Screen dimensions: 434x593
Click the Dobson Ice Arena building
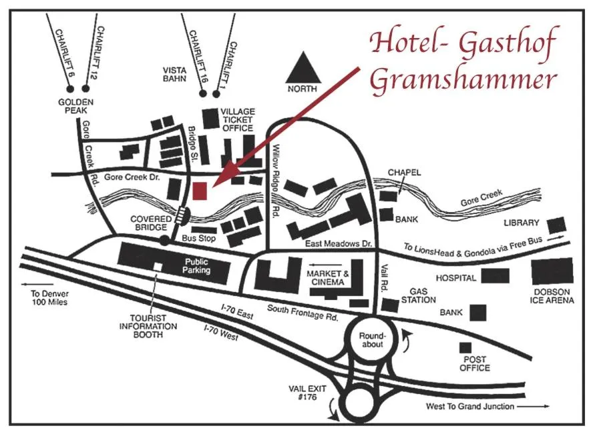[552, 271]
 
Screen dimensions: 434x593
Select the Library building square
[557, 225]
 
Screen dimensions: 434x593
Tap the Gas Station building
[389, 305]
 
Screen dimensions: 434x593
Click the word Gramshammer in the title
[462, 79]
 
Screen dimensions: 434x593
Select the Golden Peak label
[75, 106]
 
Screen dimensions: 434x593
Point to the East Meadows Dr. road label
[337, 245]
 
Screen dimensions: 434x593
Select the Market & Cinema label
[328, 278]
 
